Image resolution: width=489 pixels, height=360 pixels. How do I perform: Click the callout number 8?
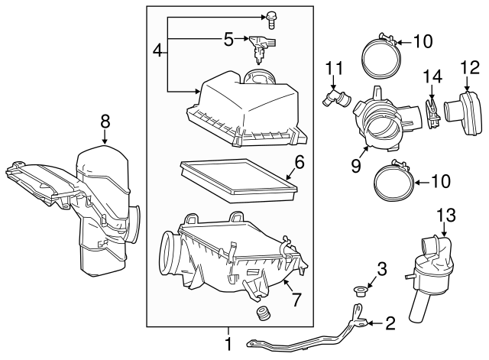pos(105,121)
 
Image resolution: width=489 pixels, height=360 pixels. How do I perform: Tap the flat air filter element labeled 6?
pos(238,180)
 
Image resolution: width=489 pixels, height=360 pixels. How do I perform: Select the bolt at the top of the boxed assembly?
pos(270,20)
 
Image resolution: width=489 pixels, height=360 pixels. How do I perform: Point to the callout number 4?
pos(158,50)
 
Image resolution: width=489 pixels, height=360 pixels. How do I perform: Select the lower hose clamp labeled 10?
pos(394,180)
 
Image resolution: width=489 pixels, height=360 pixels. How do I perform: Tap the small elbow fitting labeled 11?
pos(336,98)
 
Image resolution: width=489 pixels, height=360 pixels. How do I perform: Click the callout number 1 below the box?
pos(228,344)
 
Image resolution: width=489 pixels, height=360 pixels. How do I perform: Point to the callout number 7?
pos(296,300)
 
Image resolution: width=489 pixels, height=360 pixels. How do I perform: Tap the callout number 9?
pos(356,165)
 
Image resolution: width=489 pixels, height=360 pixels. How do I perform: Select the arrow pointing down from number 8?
pos(105,136)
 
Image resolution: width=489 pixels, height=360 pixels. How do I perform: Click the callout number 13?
pos(446,216)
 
